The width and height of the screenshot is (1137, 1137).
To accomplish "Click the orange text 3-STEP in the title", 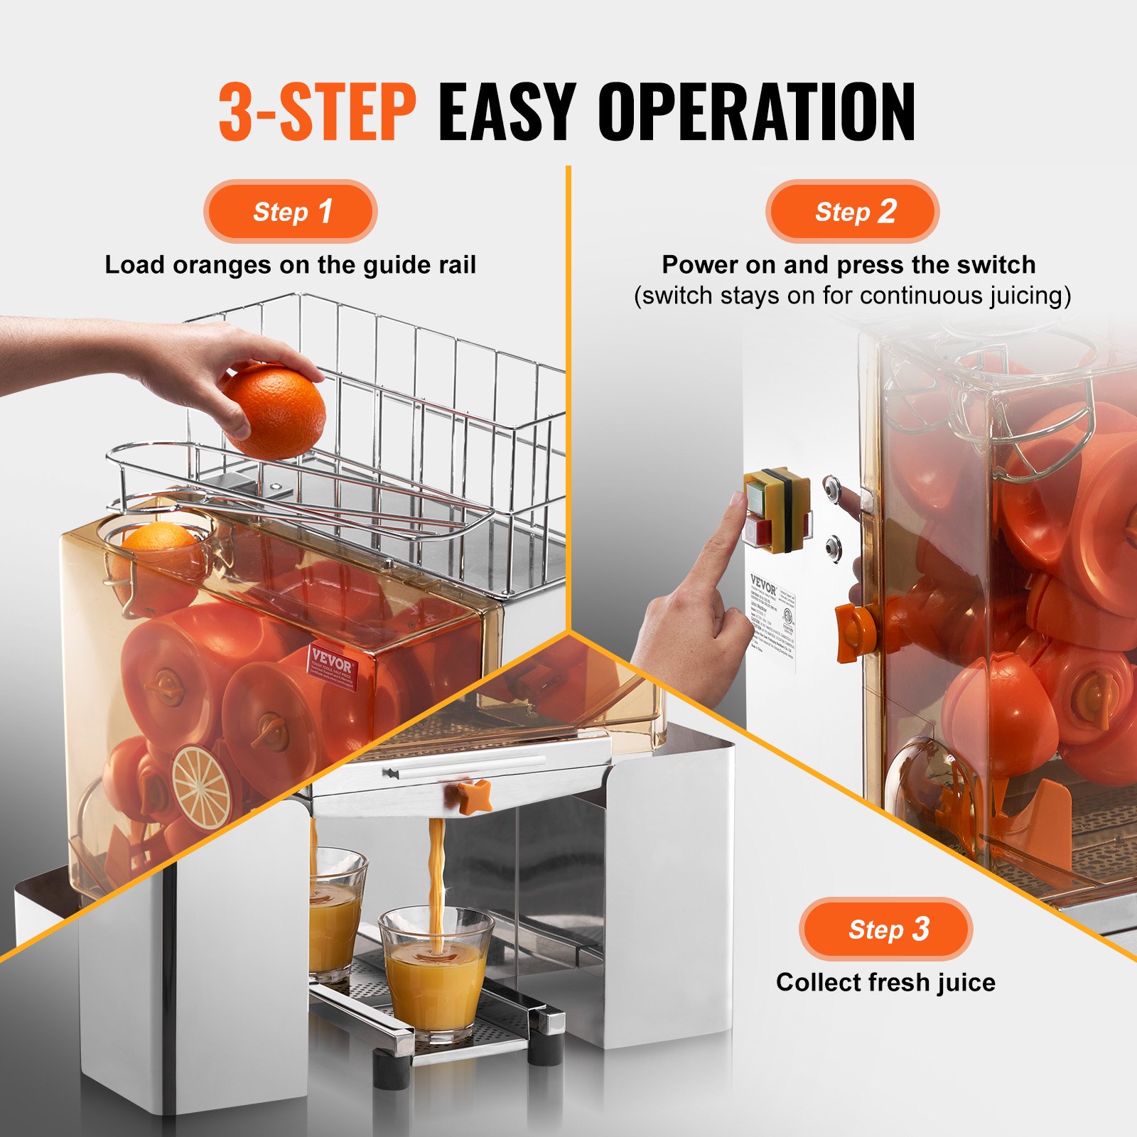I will pos(316,112).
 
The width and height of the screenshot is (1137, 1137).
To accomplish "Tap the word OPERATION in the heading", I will pos(756,112).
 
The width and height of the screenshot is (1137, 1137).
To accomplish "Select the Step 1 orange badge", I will pos(291,212).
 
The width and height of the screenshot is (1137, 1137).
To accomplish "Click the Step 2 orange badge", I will pos(853,212).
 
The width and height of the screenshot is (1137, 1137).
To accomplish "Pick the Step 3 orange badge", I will pos(885,929).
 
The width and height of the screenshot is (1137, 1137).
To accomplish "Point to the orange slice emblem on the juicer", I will pos(202,787).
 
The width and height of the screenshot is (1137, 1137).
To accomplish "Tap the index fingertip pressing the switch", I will pos(736,502).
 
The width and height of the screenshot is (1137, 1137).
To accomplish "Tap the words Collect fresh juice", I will pos(885,982).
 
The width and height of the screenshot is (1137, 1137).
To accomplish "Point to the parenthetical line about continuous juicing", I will pos(852,296).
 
